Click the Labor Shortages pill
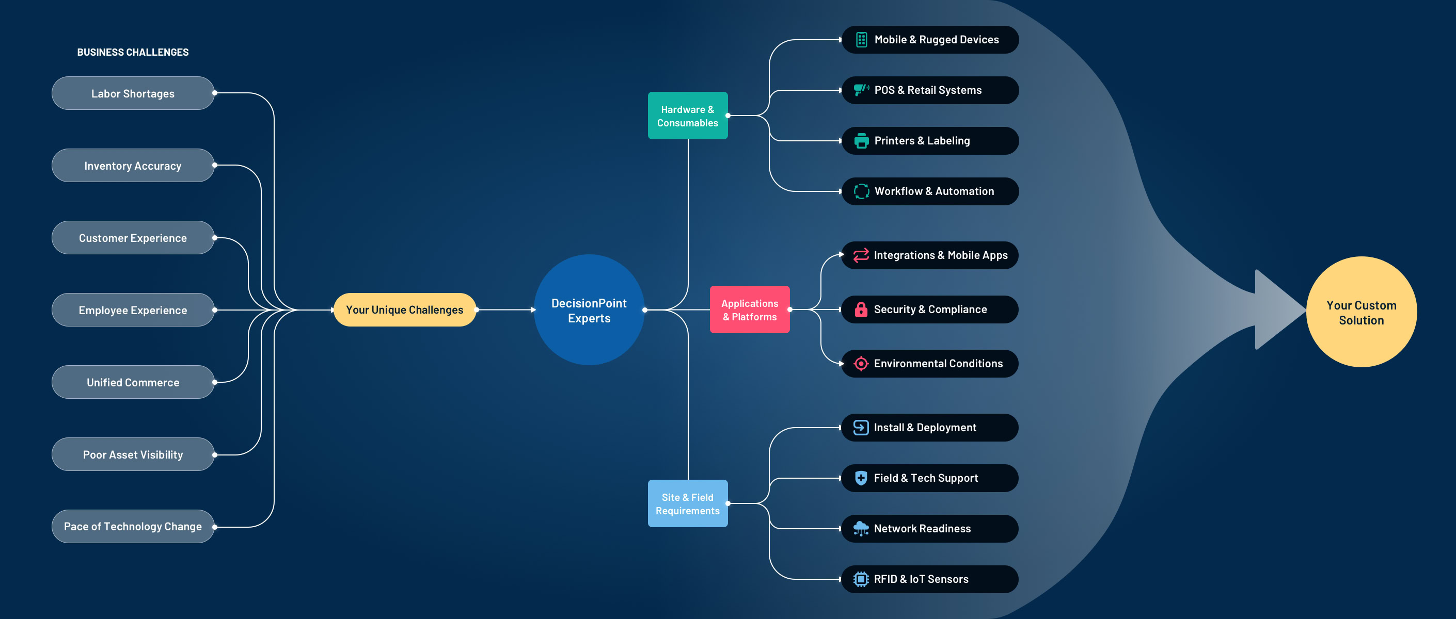coord(133,93)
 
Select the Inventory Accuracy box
coord(133,166)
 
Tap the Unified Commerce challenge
coord(133,382)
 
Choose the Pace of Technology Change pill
coord(133,526)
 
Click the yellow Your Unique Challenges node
coord(405,309)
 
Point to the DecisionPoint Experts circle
coord(589,310)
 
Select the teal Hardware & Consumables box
coord(687,116)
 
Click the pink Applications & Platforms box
coord(750,310)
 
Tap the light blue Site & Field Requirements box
coord(687,504)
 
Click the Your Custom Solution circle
coord(1361,312)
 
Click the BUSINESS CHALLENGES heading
coord(133,52)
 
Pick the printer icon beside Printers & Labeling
coord(861,141)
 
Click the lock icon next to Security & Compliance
coord(861,309)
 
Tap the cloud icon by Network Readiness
coord(861,529)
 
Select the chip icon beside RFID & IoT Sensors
coord(861,579)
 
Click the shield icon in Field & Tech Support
coord(861,478)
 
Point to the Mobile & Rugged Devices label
coord(936,40)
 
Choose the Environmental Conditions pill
coord(930,364)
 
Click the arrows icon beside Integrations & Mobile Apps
coord(861,255)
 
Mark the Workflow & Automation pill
coord(930,191)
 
